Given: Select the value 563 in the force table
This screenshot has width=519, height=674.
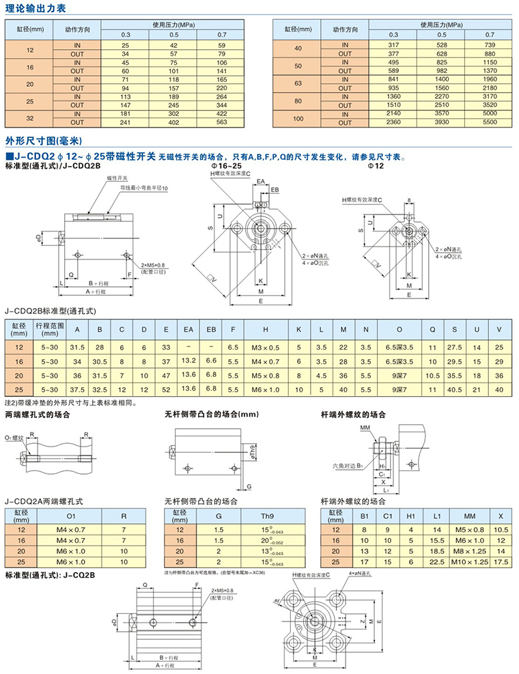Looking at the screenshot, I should [221, 124].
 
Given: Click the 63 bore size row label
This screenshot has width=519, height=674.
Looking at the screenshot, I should [297, 83].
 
